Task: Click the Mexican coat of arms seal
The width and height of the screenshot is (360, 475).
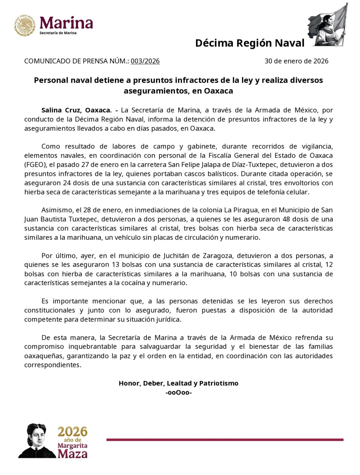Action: (24, 26)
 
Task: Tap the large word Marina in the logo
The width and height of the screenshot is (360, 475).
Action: (66, 23)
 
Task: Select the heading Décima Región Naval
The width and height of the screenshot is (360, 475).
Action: (249, 43)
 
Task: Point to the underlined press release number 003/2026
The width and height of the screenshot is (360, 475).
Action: (145, 61)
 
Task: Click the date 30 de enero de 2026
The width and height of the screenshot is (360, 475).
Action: (296, 61)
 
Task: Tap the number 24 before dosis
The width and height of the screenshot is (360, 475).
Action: (67, 183)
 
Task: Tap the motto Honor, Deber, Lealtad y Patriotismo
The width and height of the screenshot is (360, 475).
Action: (179, 383)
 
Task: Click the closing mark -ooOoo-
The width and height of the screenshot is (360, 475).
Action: (179, 392)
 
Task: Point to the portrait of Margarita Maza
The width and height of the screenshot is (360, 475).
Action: (37, 441)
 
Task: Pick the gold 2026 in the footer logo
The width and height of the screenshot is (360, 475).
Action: (73, 432)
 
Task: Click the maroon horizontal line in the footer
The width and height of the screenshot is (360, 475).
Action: (225, 440)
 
